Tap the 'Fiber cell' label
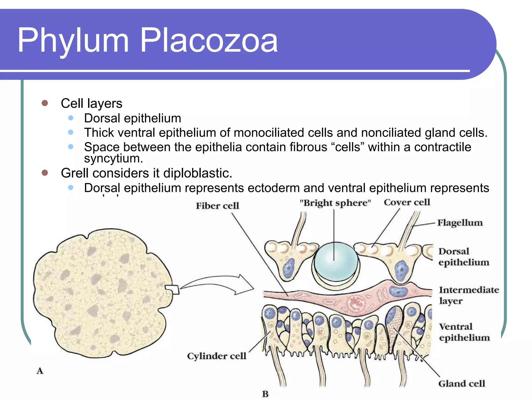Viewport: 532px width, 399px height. point(217,206)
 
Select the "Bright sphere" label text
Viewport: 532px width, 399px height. point(335,203)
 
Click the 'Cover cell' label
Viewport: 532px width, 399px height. point(407,202)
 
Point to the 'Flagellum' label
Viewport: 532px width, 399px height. point(460,223)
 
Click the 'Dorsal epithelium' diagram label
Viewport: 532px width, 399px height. point(463,257)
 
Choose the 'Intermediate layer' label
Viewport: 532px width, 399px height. point(469,295)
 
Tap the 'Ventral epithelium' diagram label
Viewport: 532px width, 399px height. point(464,332)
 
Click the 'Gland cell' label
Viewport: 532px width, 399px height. point(461,383)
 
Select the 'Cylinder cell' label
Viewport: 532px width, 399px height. point(216,356)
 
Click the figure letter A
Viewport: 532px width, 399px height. point(40,371)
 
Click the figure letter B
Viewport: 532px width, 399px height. point(265,394)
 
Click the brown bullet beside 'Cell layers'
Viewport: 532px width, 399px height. point(45,103)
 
